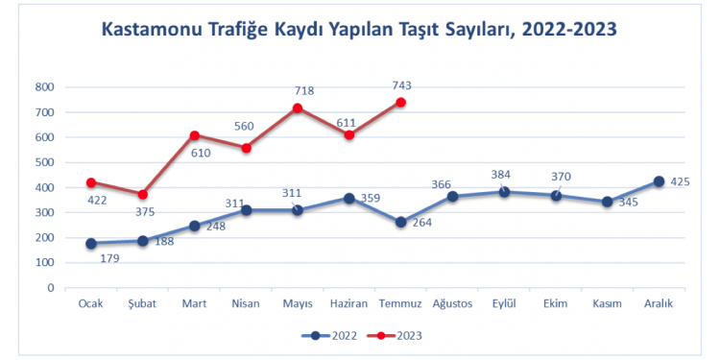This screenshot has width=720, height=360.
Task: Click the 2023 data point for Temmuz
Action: [x=401, y=103]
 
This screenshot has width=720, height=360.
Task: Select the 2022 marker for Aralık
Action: [x=659, y=181]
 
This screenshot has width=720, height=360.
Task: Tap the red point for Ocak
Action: [x=91, y=182]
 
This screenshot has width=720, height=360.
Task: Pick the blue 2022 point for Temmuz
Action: [x=401, y=222]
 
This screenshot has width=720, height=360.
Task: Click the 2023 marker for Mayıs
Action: [x=298, y=108]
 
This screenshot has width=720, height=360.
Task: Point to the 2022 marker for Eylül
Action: [x=504, y=192]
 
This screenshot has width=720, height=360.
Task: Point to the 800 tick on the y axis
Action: [x=44, y=87]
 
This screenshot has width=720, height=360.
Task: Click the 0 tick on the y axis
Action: [x=50, y=287]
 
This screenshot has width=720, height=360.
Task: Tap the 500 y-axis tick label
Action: [x=44, y=162]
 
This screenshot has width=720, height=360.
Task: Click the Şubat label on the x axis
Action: [x=143, y=304]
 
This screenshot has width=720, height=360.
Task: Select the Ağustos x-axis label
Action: [x=452, y=304]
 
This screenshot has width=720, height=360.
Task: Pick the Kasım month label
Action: [x=607, y=304]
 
